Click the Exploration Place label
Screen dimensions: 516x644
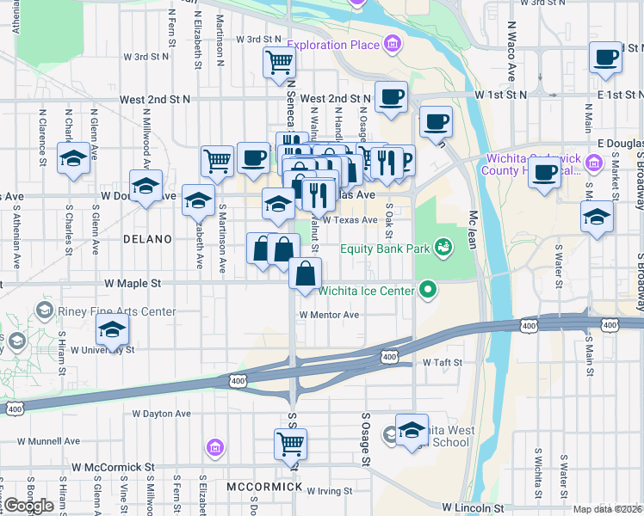(333, 44)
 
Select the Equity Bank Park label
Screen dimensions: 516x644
(385, 249)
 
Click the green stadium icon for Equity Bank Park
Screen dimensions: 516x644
(443, 249)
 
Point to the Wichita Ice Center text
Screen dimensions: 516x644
(366, 291)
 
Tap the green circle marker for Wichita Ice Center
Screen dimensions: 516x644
(427, 291)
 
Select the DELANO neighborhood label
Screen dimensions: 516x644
(148, 239)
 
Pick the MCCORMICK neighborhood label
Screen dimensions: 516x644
(264, 487)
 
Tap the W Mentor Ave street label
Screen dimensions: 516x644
(329, 315)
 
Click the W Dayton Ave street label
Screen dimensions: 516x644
(162, 414)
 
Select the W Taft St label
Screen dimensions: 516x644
(443, 363)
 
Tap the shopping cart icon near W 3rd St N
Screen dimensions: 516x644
(280, 63)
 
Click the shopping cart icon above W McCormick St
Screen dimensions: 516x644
(290, 444)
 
